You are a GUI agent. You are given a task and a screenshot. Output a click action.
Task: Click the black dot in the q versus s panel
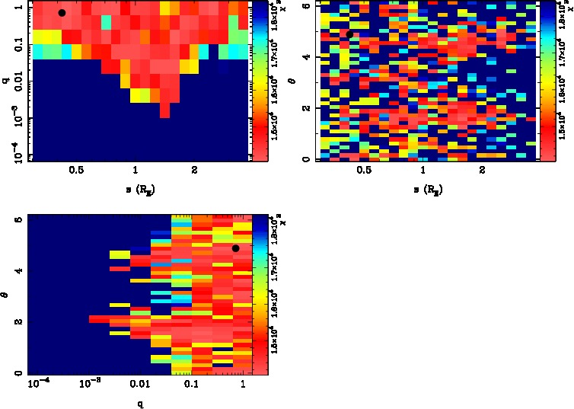(62, 13)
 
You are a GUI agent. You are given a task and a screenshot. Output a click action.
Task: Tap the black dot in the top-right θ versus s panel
(349, 34)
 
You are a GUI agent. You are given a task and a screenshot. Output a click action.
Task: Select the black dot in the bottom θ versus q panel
(236, 248)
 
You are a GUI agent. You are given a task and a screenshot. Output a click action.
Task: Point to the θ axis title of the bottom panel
(6, 296)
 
